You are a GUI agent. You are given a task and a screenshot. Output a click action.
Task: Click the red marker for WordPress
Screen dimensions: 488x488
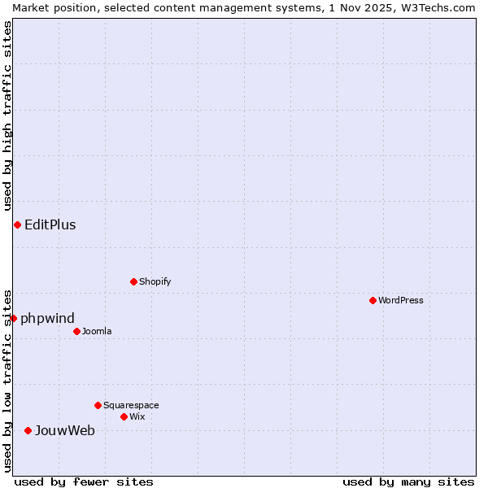tap(373, 300)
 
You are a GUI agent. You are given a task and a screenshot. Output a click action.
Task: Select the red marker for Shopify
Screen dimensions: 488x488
tap(133, 281)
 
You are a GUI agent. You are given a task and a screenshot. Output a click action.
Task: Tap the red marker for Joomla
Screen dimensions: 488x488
tap(76, 331)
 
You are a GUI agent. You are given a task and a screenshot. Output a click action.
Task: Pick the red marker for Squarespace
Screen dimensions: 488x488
tap(98, 405)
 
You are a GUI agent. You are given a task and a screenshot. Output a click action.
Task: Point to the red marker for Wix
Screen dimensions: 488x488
tap(124, 416)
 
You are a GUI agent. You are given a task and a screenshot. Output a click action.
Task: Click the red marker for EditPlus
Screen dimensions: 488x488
tap(17, 224)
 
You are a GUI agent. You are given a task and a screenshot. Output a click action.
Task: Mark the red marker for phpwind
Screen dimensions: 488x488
tap(13, 318)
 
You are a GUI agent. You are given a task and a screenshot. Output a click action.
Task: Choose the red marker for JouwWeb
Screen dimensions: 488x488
tap(28, 430)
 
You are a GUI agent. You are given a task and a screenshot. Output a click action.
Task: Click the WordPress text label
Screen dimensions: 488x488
tap(401, 300)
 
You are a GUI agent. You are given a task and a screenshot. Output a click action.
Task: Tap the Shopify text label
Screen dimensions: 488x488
tap(155, 281)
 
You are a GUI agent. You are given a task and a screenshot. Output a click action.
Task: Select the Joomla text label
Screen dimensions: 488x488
tap(97, 331)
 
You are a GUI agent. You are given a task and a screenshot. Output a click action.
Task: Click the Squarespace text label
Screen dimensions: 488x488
tap(131, 405)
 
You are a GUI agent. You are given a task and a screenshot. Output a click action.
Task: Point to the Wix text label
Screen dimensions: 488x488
tap(137, 416)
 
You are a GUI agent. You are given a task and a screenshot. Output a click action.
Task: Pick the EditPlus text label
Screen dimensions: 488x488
tap(50, 225)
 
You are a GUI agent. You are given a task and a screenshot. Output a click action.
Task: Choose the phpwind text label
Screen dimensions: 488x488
tap(48, 319)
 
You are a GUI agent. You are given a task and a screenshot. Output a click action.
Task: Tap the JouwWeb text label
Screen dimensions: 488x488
tap(65, 431)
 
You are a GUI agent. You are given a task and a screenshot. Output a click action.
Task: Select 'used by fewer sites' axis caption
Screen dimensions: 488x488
tap(84, 481)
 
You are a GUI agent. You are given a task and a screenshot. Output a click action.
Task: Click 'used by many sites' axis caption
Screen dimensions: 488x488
tap(408, 481)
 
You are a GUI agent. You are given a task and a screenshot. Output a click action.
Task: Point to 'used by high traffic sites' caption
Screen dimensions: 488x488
tap(7, 115)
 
